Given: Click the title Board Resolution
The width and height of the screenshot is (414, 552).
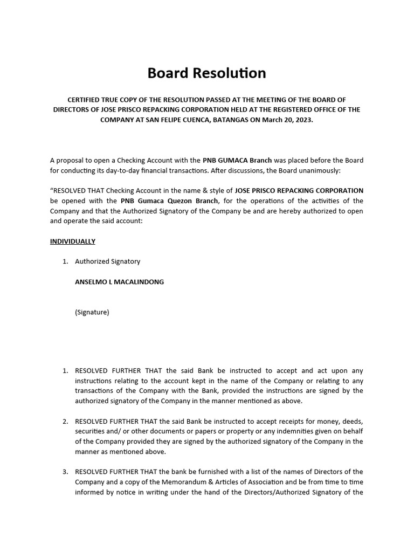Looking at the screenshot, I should [x=206, y=73].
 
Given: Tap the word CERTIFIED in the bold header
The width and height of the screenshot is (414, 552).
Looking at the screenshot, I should [x=87, y=100].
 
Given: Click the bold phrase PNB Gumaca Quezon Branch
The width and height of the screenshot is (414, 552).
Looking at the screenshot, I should [x=170, y=201].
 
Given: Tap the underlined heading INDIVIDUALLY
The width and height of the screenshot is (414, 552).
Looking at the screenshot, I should [x=73, y=241].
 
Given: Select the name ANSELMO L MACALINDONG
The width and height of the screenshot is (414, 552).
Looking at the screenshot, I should [x=119, y=281].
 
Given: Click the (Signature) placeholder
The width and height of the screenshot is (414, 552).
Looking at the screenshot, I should [x=92, y=312].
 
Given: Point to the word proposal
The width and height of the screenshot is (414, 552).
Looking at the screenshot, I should [x=72, y=160].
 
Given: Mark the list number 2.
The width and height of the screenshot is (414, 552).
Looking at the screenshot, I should [x=65, y=421].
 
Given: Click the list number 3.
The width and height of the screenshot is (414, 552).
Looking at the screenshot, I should [x=65, y=472].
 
